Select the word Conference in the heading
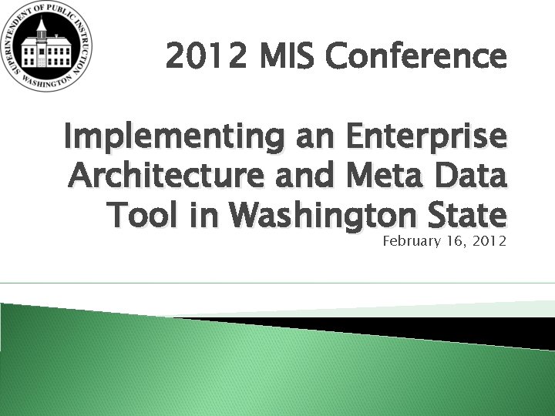click(x=416, y=56)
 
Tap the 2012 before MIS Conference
click(x=205, y=56)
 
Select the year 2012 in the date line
click(x=487, y=242)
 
